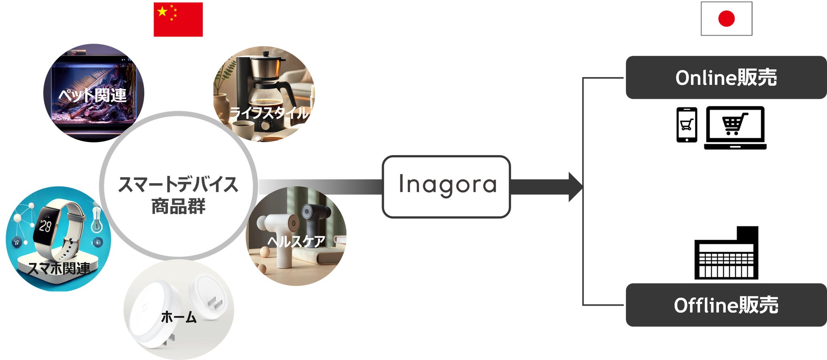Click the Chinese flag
178,20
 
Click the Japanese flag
726,19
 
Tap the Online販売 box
726,78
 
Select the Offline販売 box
726,305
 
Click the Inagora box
446,187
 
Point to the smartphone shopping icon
687,125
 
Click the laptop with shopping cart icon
735,128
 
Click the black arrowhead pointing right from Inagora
575,187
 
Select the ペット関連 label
92,95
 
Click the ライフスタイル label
269,112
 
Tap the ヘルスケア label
296,241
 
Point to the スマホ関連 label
59,268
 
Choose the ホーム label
179,317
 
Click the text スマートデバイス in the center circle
178,184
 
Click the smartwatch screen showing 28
45,226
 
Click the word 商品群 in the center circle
178,207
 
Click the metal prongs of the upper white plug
217,304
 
